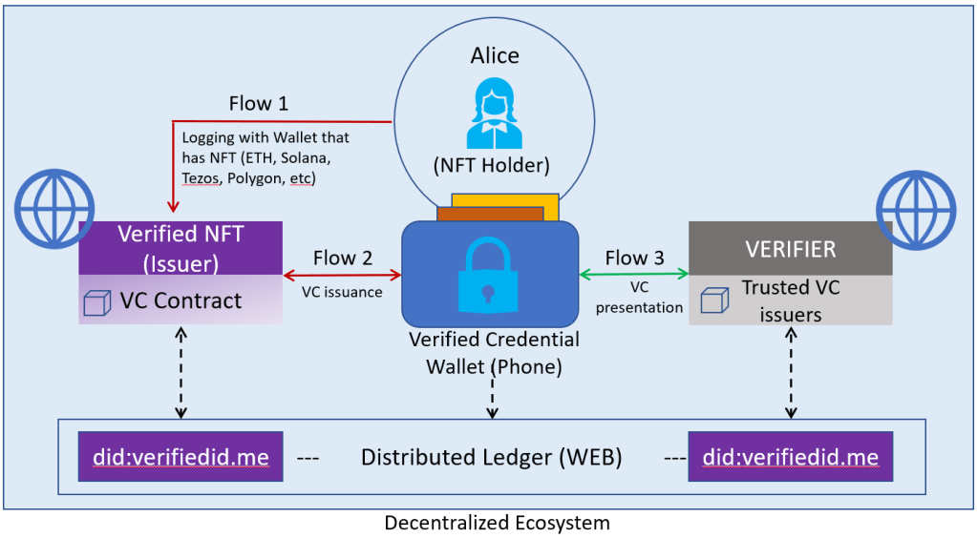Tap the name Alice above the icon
pyautogui.click(x=495, y=55)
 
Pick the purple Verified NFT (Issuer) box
pyautogui.click(x=181, y=247)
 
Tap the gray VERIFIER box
pyautogui.click(x=790, y=249)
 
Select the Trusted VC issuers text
pyautogui.click(x=792, y=299)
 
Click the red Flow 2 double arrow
pyautogui.click(x=343, y=275)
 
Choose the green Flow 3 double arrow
pyautogui.click(x=634, y=275)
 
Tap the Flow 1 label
pyautogui.click(x=258, y=103)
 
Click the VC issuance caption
pyautogui.click(x=343, y=292)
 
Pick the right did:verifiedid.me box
pyautogui.click(x=790, y=458)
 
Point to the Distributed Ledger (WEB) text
pyautogui.click(x=491, y=458)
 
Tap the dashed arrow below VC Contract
pyautogui.click(x=181, y=372)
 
